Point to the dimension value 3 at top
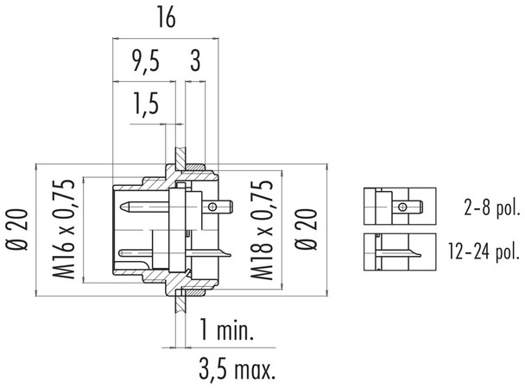[x=195, y=63]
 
